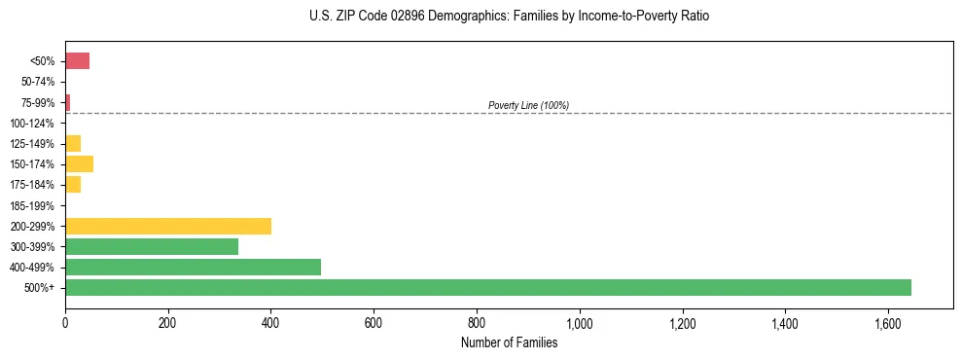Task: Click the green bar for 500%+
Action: tap(487, 287)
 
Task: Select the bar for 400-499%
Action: tap(193, 267)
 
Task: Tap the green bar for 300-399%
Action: tap(152, 246)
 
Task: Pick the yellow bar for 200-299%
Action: tap(168, 226)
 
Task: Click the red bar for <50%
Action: tap(77, 61)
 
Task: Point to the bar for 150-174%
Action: tap(79, 163)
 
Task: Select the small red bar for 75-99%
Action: tap(68, 102)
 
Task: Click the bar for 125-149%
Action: tap(73, 143)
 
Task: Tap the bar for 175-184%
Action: tap(73, 184)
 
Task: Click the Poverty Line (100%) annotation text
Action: tap(528, 105)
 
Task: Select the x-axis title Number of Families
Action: tap(509, 342)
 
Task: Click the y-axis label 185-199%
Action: tap(32, 205)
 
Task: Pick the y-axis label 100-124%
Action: tap(32, 124)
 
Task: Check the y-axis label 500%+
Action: tap(40, 288)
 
